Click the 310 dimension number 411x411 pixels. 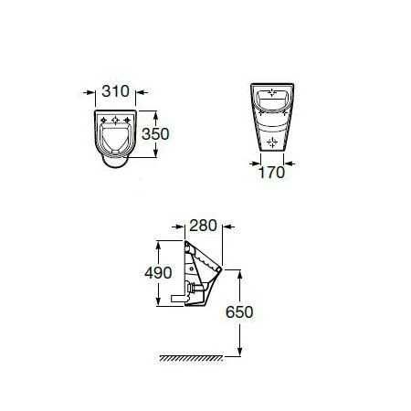(x=115, y=91)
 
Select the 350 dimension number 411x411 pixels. (x=155, y=134)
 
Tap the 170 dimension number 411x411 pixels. (x=272, y=173)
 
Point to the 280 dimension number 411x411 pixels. (x=203, y=226)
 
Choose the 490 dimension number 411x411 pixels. (x=158, y=273)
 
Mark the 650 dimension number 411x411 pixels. (x=239, y=312)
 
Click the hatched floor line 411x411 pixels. (x=192, y=358)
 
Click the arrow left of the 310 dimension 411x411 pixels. (x=90, y=92)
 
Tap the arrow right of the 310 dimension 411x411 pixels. (x=142, y=92)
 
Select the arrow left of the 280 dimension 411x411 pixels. (x=178, y=227)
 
